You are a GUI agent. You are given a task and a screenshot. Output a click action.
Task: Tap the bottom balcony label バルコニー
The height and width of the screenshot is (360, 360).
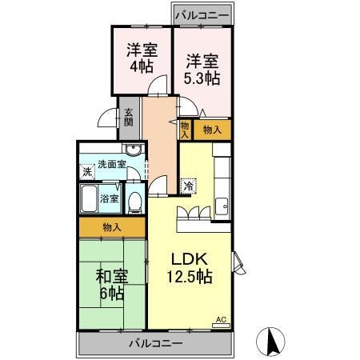click(156, 343)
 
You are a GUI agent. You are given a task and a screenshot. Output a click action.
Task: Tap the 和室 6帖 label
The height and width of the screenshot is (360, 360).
click(111, 286)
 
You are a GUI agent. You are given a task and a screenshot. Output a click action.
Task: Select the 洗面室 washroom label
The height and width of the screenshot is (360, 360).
click(112, 165)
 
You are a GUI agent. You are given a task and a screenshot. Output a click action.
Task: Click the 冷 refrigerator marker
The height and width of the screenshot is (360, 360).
click(189, 186)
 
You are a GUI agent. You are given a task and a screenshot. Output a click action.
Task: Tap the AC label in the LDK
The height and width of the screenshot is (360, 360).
click(222, 322)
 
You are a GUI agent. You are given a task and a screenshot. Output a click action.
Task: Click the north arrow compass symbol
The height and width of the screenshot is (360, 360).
click(272, 342)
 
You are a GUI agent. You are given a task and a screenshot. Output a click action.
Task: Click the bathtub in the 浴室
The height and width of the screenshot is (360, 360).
click(87, 198)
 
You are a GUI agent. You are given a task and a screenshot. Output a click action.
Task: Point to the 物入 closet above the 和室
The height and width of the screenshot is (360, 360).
click(112, 228)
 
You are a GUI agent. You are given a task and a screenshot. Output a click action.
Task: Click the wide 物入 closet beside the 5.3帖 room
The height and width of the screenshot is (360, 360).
click(212, 129)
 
